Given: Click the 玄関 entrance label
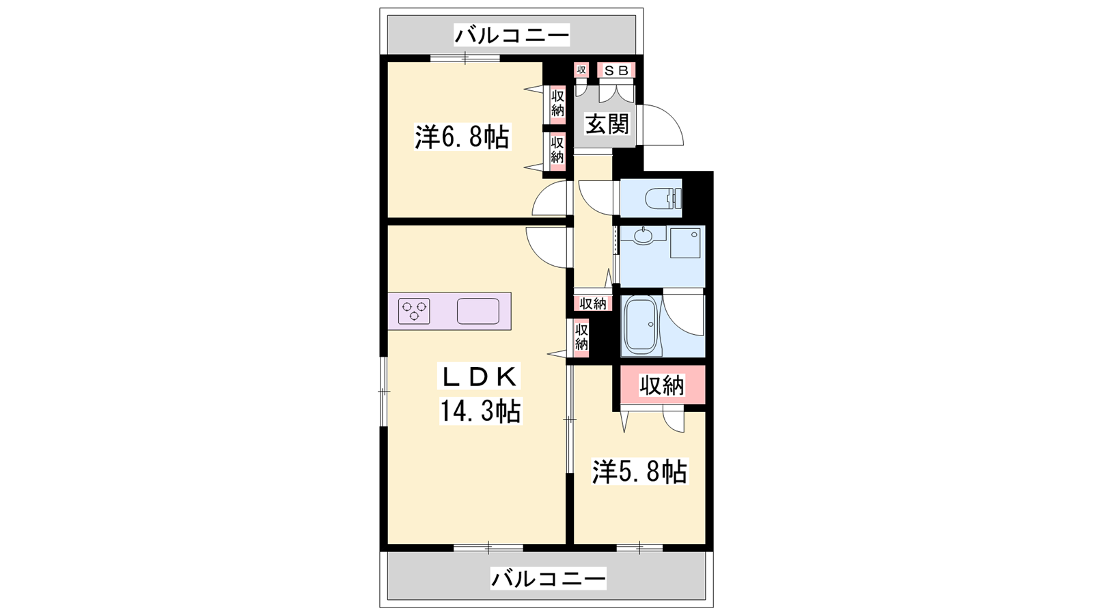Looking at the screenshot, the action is (x=607, y=124).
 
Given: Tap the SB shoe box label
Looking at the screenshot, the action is (x=616, y=70).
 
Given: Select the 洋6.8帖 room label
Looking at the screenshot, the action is (x=462, y=137).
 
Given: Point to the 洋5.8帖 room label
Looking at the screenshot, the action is (x=639, y=471).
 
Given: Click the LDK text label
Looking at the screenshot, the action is (x=479, y=377).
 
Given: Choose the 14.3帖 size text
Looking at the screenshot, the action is (x=480, y=411).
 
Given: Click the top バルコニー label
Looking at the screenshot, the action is (x=512, y=35).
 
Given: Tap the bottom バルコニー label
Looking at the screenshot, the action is (x=548, y=579).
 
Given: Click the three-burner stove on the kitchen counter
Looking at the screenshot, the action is (x=414, y=311).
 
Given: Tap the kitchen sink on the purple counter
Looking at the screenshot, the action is (x=478, y=312).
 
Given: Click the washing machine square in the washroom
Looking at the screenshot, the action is (x=685, y=243).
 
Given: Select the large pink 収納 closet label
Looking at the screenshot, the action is (x=662, y=385).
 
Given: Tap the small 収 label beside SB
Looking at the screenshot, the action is (x=581, y=70).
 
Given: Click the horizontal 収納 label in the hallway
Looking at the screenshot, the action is (x=593, y=303).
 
